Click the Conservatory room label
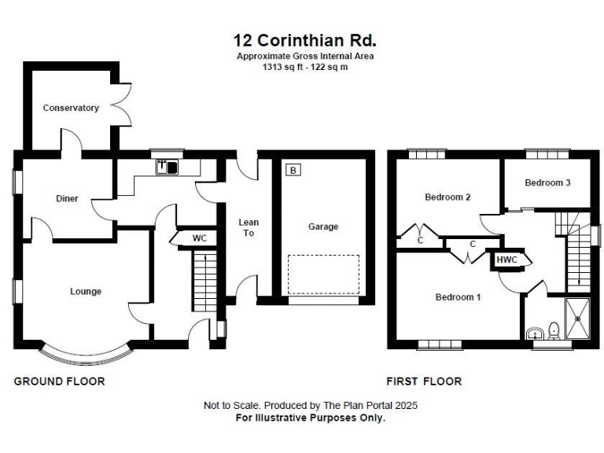pyautogui.click(x=71, y=108)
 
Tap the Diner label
pyautogui.click(x=67, y=199)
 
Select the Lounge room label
pyautogui.click(x=86, y=292)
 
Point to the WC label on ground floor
pyautogui.click(x=200, y=238)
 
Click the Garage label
pyautogui.click(x=323, y=226)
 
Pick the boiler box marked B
pyautogui.click(x=293, y=170)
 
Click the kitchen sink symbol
pyautogui.click(x=168, y=166)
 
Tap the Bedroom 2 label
pyautogui.click(x=447, y=197)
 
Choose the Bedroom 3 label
pyautogui.click(x=547, y=182)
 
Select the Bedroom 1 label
pyautogui.click(x=459, y=297)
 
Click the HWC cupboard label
pyautogui.click(x=506, y=260)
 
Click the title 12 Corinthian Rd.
pyautogui.click(x=305, y=39)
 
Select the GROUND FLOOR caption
pyautogui.click(x=59, y=381)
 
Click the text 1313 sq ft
pyautogui.click(x=284, y=68)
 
